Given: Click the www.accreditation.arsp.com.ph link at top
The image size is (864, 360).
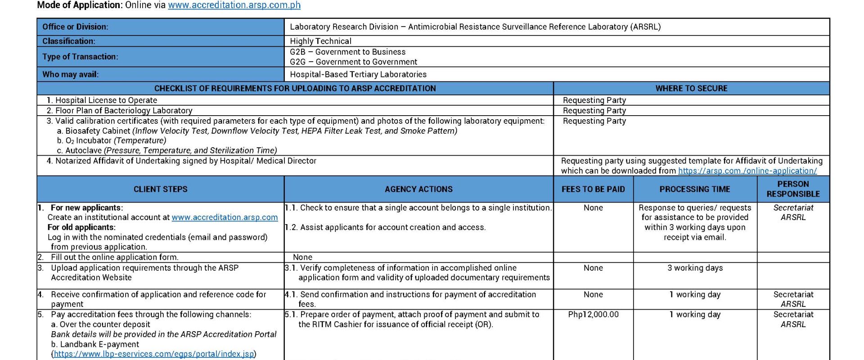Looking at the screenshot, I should pyautogui.click(x=234, y=5).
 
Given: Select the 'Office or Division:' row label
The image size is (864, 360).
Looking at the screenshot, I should pyautogui.click(x=75, y=27).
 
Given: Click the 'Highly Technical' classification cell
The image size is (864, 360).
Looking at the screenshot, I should pyautogui.click(x=320, y=41).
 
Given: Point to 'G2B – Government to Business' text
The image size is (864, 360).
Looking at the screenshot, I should pyautogui.click(x=347, y=52).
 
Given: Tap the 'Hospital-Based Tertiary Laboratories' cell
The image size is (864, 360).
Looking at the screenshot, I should pyautogui.click(x=358, y=75).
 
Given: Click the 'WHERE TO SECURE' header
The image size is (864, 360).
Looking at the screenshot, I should pyautogui.click(x=691, y=89).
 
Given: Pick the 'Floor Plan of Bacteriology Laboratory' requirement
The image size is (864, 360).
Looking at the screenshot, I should pyautogui.click(x=119, y=111).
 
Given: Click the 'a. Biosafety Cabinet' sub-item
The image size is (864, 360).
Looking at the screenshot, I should pyautogui.click(x=94, y=131).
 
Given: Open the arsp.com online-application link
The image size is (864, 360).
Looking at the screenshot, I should pyautogui.click(x=747, y=171).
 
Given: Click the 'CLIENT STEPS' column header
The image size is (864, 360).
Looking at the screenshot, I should pyautogui.click(x=160, y=189).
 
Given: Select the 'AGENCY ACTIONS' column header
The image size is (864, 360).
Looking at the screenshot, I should pyautogui.click(x=418, y=189).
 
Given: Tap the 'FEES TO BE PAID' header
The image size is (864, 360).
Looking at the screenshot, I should pyautogui.click(x=593, y=189).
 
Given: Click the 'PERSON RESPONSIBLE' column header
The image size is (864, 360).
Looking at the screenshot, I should pyautogui.click(x=793, y=189).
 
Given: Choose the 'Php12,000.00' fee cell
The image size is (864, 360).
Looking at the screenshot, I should pyautogui.click(x=593, y=315).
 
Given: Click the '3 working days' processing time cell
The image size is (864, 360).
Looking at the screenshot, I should pyautogui.click(x=695, y=268).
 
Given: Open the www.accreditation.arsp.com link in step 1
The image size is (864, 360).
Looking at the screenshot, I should pyautogui.click(x=225, y=217).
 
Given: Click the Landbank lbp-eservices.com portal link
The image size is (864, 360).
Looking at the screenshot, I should pyautogui.click(x=154, y=354).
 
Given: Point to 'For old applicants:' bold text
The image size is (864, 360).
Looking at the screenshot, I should pyautogui.click(x=81, y=227).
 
